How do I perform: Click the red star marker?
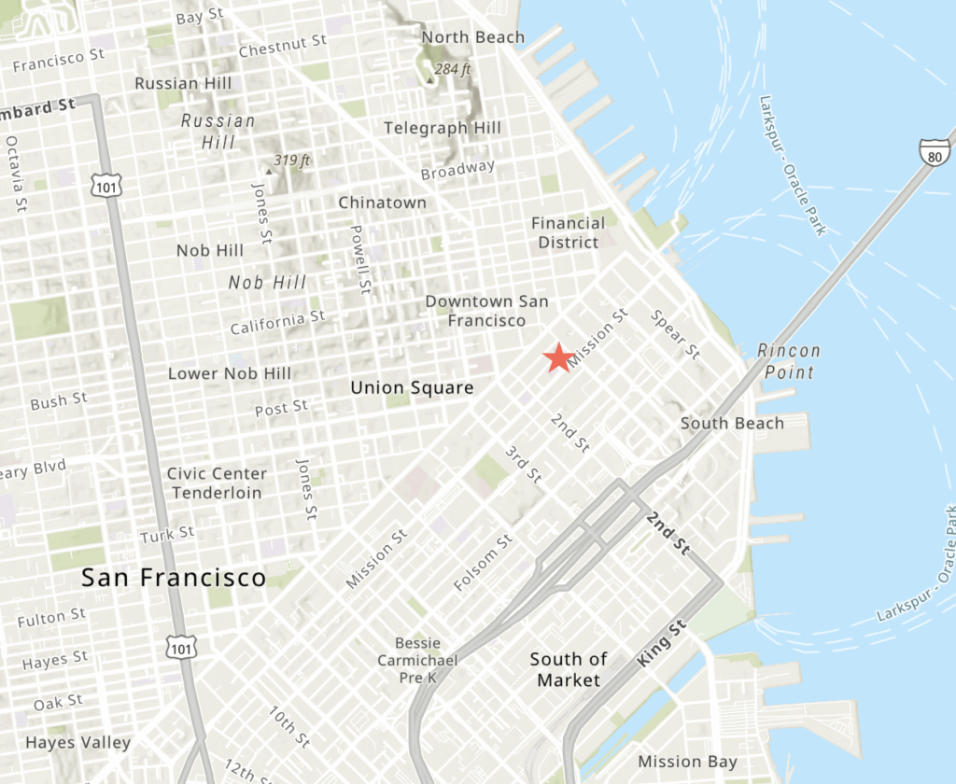point(558,357)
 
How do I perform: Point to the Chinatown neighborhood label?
point(382,203)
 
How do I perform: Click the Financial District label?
point(568,232)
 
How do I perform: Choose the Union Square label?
point(412,387)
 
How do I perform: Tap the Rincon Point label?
point(789,361)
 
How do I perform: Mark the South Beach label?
point(732,423)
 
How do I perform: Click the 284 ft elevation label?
point(453,68)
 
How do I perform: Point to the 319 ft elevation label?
point(291,161)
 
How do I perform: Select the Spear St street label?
point(675,335)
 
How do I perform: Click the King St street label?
point(662,645)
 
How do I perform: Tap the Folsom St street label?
point(484,562)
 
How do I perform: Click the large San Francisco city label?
point(174,578)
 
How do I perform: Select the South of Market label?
point(569,669)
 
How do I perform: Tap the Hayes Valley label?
point(78,743)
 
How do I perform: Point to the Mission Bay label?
point(687,762)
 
